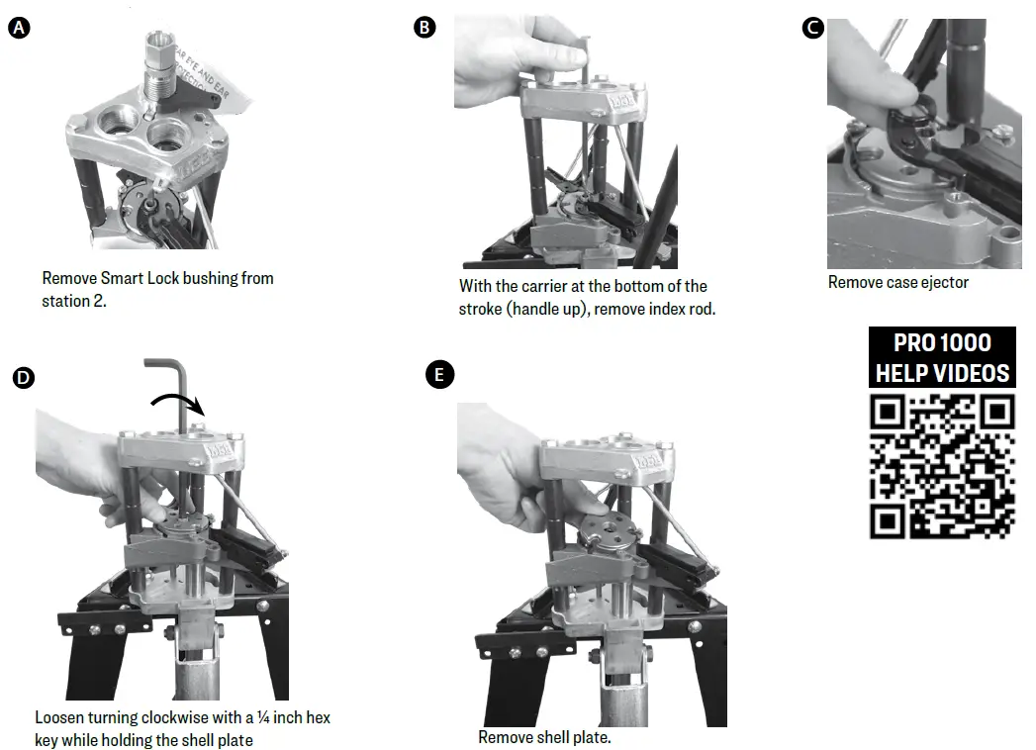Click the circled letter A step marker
[x=19, y=28]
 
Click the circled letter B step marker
[x=424, y=27]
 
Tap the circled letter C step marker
[x=812, y=28]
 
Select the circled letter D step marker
[x=23, y=377]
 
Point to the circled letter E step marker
[x=438, y=375]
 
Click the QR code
[x=942, y=466]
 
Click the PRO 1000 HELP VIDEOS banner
[x=942, y=357]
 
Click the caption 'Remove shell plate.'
[x=544, y=737]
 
